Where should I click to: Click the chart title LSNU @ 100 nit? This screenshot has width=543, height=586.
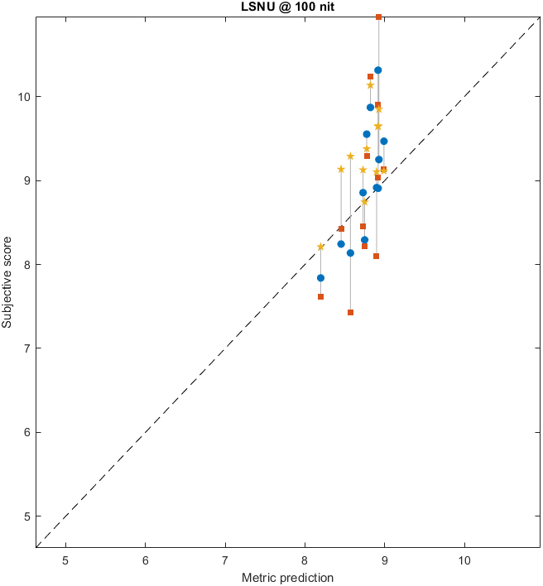pyautogui.click(x=287, y=7)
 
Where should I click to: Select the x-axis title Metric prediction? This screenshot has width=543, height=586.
pyautogui.click(x=287, y=578)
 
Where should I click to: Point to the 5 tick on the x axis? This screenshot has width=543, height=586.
pyautogui.click(x=65, y=560)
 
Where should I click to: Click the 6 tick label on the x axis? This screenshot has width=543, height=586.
pyautogui.click(x=146, y=560)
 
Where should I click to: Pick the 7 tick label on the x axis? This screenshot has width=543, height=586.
pyautogui.click(x=225, y=560)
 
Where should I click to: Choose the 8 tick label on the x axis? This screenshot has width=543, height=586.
pyautogui.click(x=305, y=560)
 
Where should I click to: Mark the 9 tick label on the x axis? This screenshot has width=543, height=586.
pyautogui.click(x=384, y=560)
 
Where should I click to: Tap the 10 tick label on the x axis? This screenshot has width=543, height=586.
pyautogui.click(x=464, y=560)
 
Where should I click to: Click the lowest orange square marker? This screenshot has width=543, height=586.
pyautogui.click(x=351, y=313)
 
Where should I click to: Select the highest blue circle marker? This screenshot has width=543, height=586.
pyautogui.click(x=378, y=70)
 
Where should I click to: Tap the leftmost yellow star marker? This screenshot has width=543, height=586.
pyautogui.click(x=321, y=247)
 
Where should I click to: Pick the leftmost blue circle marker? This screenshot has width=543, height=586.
pyautogui.click(x=321, y=278)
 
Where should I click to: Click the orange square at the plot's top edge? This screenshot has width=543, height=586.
pyautogui.click(x=379, y=17)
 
